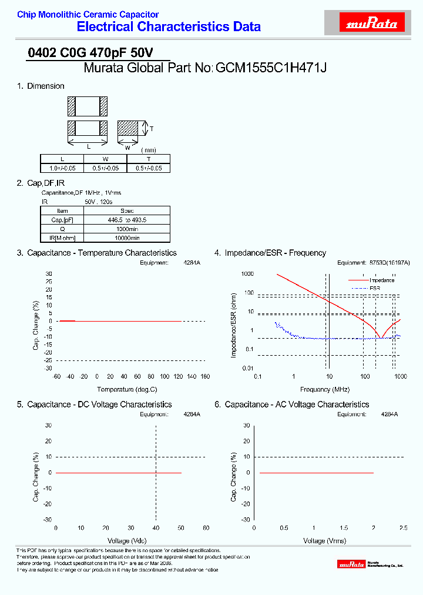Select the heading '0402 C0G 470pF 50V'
click(x=91, y=52)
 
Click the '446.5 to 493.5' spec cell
click(x=127, y=220)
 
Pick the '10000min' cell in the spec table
click(x=127, y=238)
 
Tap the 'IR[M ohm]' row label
click(x=63, y=238)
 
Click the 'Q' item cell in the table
click(x=63, y=229)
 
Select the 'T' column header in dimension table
click(x=149, y=159)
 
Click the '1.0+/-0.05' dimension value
click(x=62, y=168)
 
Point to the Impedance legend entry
click(x=381, y=280)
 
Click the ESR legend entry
click(x=375, y=288)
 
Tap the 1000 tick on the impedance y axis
click(x=247, y=274)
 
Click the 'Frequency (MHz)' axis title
click(x=324, y=389)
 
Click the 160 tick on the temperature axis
click(x=205, y=376)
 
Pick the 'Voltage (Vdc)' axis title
click(x=127, y=540)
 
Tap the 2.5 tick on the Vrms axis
click(x=403, y=528)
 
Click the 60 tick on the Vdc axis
click(x=206, y=528)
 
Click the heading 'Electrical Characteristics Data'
click(x=169, y=26)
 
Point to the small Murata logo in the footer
click(x=352, y=564)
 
